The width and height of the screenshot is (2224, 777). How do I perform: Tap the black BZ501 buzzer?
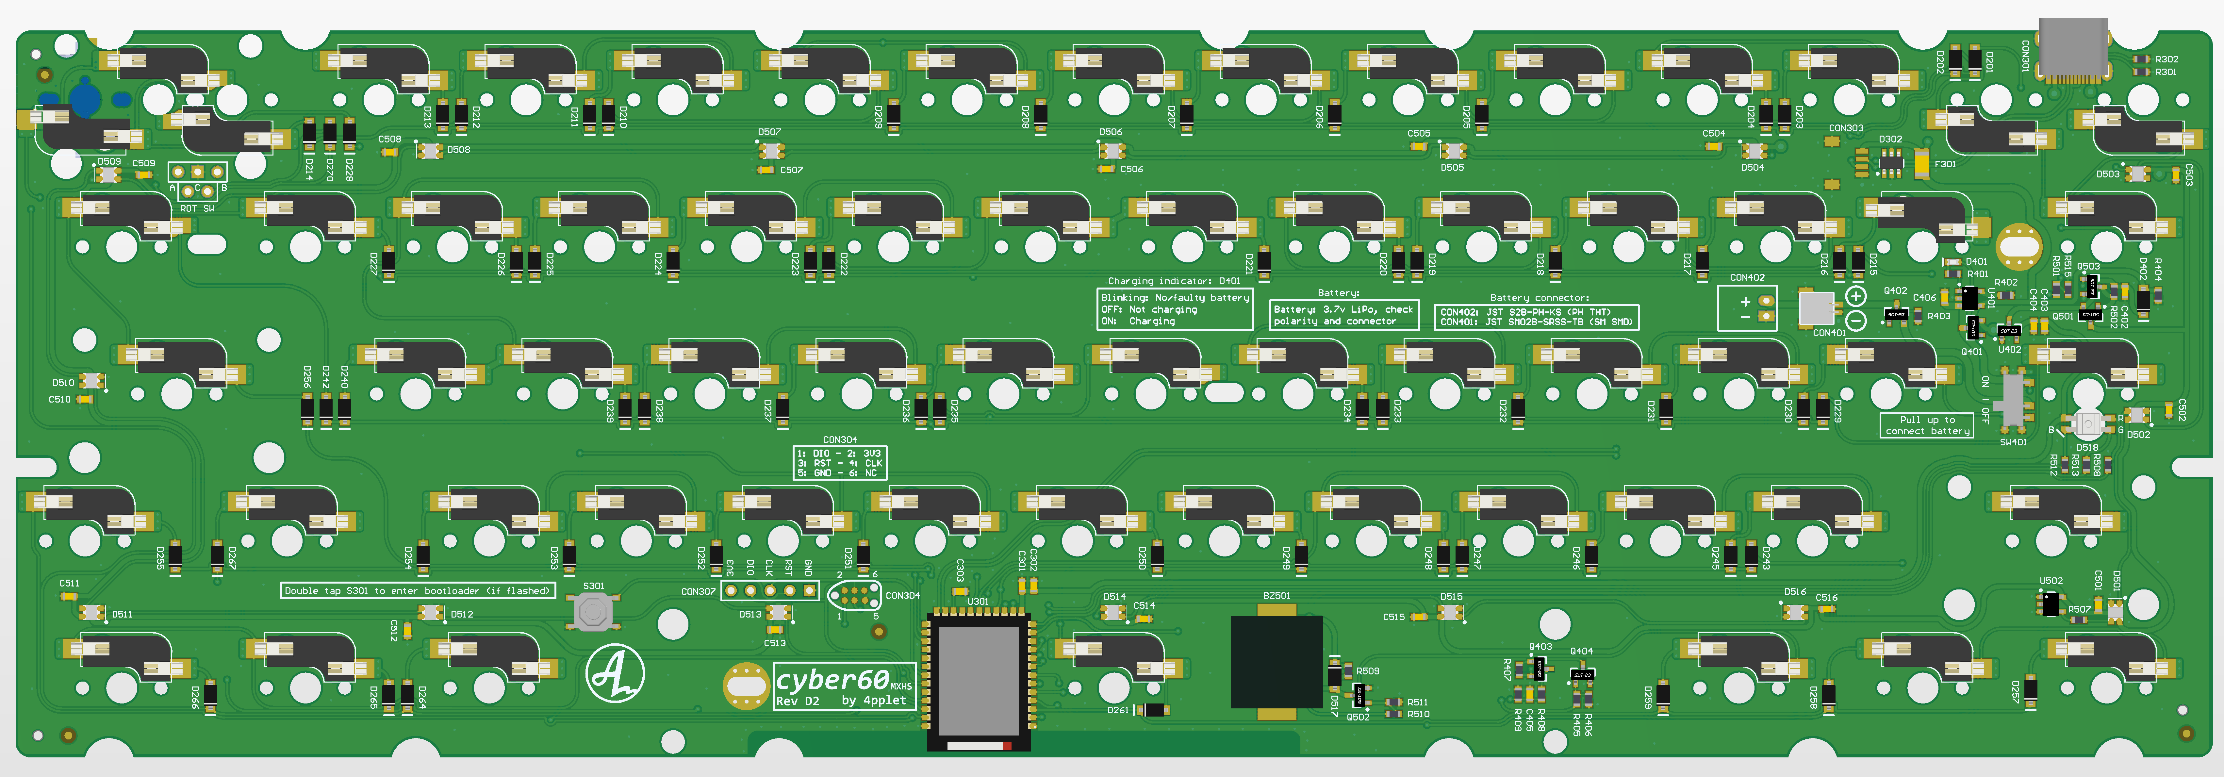click(1276, 662)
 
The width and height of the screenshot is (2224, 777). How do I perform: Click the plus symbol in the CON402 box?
click(1745, 301)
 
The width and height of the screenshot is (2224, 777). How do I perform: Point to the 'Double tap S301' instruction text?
click(417, 590)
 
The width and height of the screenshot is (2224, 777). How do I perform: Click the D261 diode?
click(1151, 710)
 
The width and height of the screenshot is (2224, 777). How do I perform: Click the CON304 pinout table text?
click(839, 463)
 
